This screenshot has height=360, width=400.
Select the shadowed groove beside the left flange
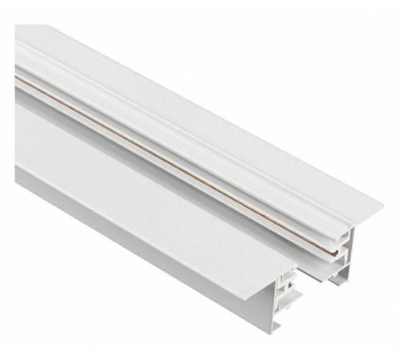pos(96,136)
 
